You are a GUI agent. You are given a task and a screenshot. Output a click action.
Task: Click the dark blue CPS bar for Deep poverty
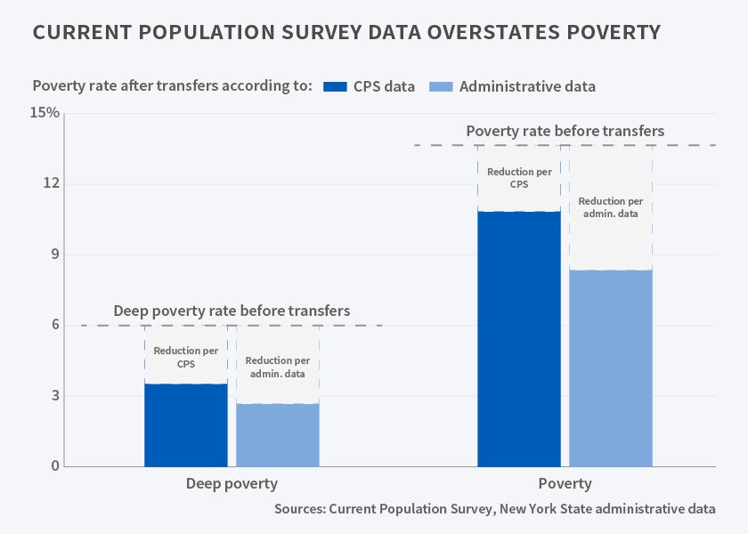[x=185, y=425]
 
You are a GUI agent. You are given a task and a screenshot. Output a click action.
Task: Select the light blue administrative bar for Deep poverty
[x=277, y=434]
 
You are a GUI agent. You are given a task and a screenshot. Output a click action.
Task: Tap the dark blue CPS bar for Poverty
[x=518, y=338]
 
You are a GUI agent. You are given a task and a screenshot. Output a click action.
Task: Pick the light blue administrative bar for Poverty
[x=610, y=368]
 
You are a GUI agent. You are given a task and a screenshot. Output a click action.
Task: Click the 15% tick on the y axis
[x=45, y=113]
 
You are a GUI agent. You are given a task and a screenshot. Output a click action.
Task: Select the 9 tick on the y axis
[x=53, y=255]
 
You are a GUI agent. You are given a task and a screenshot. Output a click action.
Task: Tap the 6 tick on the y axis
[x=53, y=325]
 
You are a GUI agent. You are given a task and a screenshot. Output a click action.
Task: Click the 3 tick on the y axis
[x=53, y=395]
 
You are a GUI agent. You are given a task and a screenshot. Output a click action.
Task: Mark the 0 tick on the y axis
[x=53, y=465]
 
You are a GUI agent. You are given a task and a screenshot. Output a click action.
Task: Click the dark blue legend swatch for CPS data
[x=334, y=86]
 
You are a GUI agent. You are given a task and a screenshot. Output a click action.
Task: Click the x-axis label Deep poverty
[x=232, y=484]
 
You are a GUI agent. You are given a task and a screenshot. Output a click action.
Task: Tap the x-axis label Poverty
[x=565, y=484]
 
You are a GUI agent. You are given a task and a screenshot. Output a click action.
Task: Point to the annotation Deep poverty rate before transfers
[x=232, y=311]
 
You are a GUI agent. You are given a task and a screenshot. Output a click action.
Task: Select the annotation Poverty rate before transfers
[x=565, y=132]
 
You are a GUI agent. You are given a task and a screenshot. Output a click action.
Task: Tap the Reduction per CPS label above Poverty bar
[x=518, y=177]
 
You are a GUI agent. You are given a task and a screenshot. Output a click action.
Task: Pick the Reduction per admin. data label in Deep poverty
[x=277, y=367]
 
